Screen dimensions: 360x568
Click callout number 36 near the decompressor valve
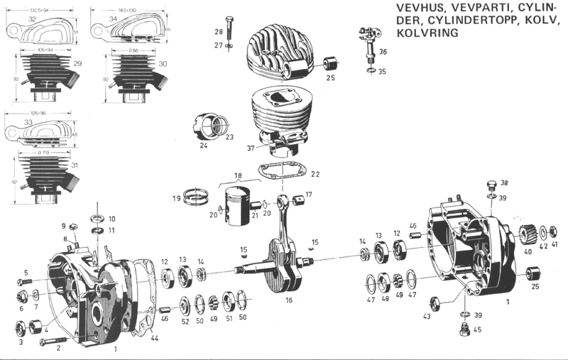pyautogui.click(x=383, y=52)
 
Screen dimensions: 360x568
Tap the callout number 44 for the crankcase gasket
pyautogui.click(x=155, y=339)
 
